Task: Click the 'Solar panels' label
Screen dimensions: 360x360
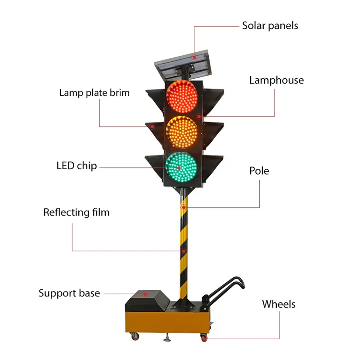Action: point(270,26)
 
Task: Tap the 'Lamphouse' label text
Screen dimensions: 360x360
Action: point(276,81)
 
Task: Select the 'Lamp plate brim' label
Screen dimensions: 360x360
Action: point(94,93)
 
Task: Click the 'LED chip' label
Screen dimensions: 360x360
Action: point(76,166)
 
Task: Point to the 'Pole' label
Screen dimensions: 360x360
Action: point(259,171)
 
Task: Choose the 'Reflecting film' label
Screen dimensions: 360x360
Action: point(76,212)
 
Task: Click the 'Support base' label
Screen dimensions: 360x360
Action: point(69,293)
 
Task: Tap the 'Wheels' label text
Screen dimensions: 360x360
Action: point(279,304)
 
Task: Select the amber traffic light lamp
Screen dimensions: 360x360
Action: point(182,131)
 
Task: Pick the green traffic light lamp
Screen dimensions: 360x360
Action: point(182,167)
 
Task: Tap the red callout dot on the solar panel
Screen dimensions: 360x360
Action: point(194,57)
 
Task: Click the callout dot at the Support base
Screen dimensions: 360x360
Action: point(145,293)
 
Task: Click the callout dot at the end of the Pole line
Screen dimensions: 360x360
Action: point(184,207)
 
